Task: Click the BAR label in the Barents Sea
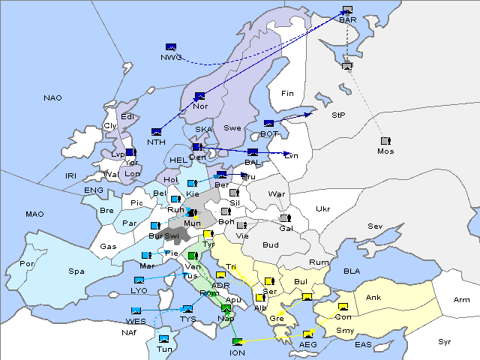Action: point(347,20)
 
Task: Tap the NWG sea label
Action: point(171,58)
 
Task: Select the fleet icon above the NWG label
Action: point(171,46)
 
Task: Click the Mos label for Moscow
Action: point(385,151)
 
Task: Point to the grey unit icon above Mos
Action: point(385,141)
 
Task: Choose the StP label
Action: point(338,116)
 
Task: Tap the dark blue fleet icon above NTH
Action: point(156,132)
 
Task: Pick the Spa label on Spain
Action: point(76,271)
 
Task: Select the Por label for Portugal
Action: point(28,264)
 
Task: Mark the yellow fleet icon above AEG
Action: point(307,334)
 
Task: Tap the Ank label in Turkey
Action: point(373,298)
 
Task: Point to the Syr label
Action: point(445,341)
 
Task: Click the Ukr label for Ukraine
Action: point(322,209)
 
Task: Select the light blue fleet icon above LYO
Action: point(139,280)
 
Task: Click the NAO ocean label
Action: point(52,98)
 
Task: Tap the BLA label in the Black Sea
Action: point(352,271)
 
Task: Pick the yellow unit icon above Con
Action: point(343,307)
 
